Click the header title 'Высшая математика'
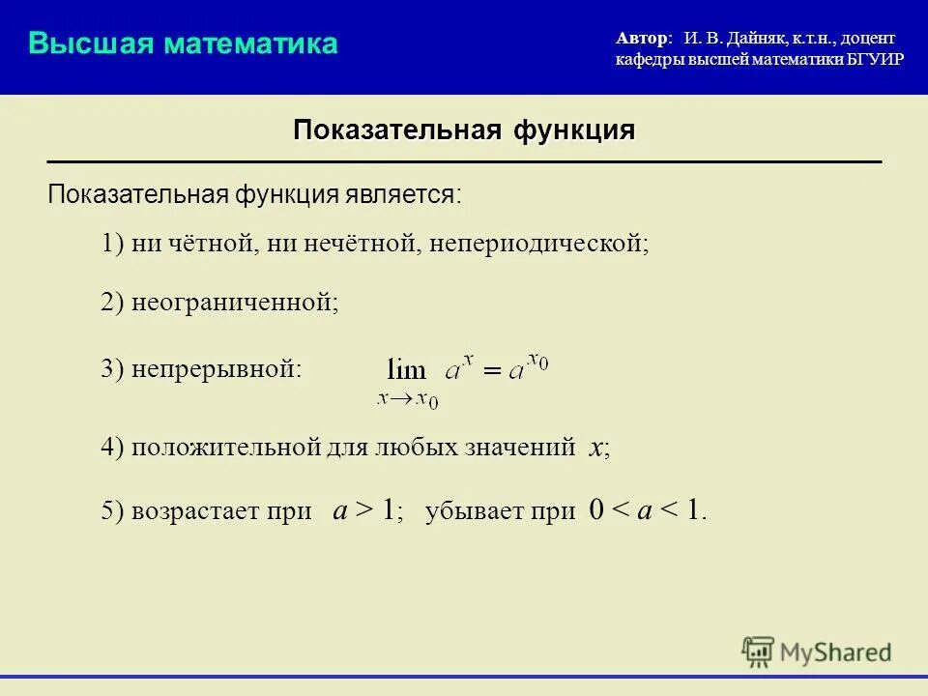click(x=183, y=43)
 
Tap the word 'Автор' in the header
click(x=641, y=38)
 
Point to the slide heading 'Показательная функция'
click(x=464, y=130)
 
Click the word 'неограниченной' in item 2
click(x=233, y=303)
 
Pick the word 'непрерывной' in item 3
click(x=217, y=369)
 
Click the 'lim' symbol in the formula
click(x=406, y=368)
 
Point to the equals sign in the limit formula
click(x=493, y=370)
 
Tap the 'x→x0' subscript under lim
click(x=408, y=397)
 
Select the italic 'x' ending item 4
click(x=596, y=448)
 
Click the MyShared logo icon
click(x=759, y=652)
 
